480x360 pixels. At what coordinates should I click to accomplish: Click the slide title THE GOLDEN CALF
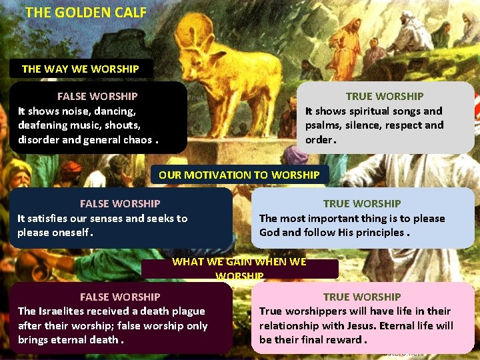pyautogui.click(x=85, y=12)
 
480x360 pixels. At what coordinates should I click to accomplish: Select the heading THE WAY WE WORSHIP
pyautogui.click(x=80, y=69)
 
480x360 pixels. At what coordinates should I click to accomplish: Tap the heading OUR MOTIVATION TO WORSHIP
pyautogui.click(x=239, y=175)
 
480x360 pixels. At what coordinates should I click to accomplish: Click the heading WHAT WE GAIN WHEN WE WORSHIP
pyautogui.click(x=239, y=268)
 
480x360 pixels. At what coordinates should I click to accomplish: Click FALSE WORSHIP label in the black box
pyautogui.click(x=97, y=97)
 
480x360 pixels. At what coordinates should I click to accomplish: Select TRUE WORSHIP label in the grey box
pyautogui.click(x=384, y=97)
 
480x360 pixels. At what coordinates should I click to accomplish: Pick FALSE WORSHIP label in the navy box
pyautogui.click(x=120, y=203)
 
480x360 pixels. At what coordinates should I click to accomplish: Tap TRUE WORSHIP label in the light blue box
pyautogui.click(x=362, y=203)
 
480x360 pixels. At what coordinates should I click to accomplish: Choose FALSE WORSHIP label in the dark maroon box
pyautogui.click(x=120, y=297)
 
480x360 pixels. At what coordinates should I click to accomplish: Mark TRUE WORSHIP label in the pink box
pyautogui.click(x=362, y=297)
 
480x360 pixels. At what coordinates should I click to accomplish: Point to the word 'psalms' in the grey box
pyautogui.click(x=323, y=125)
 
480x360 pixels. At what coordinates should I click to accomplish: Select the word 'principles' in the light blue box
pyautogui.click(x=380, y=233)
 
